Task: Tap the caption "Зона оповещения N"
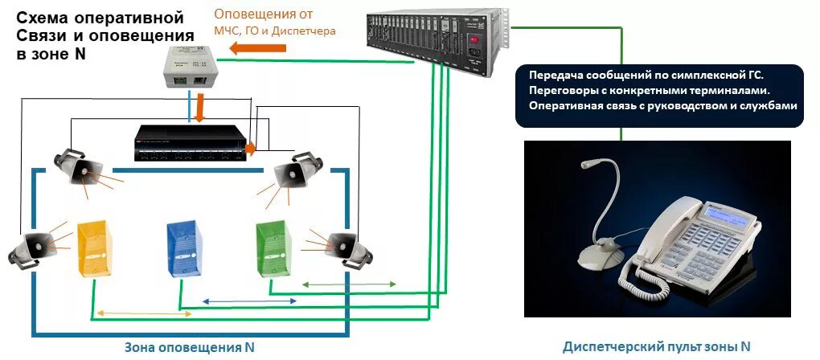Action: [x=190, y=347]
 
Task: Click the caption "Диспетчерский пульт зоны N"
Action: [x=657, y=346]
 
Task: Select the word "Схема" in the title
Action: [x=41, y=18]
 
